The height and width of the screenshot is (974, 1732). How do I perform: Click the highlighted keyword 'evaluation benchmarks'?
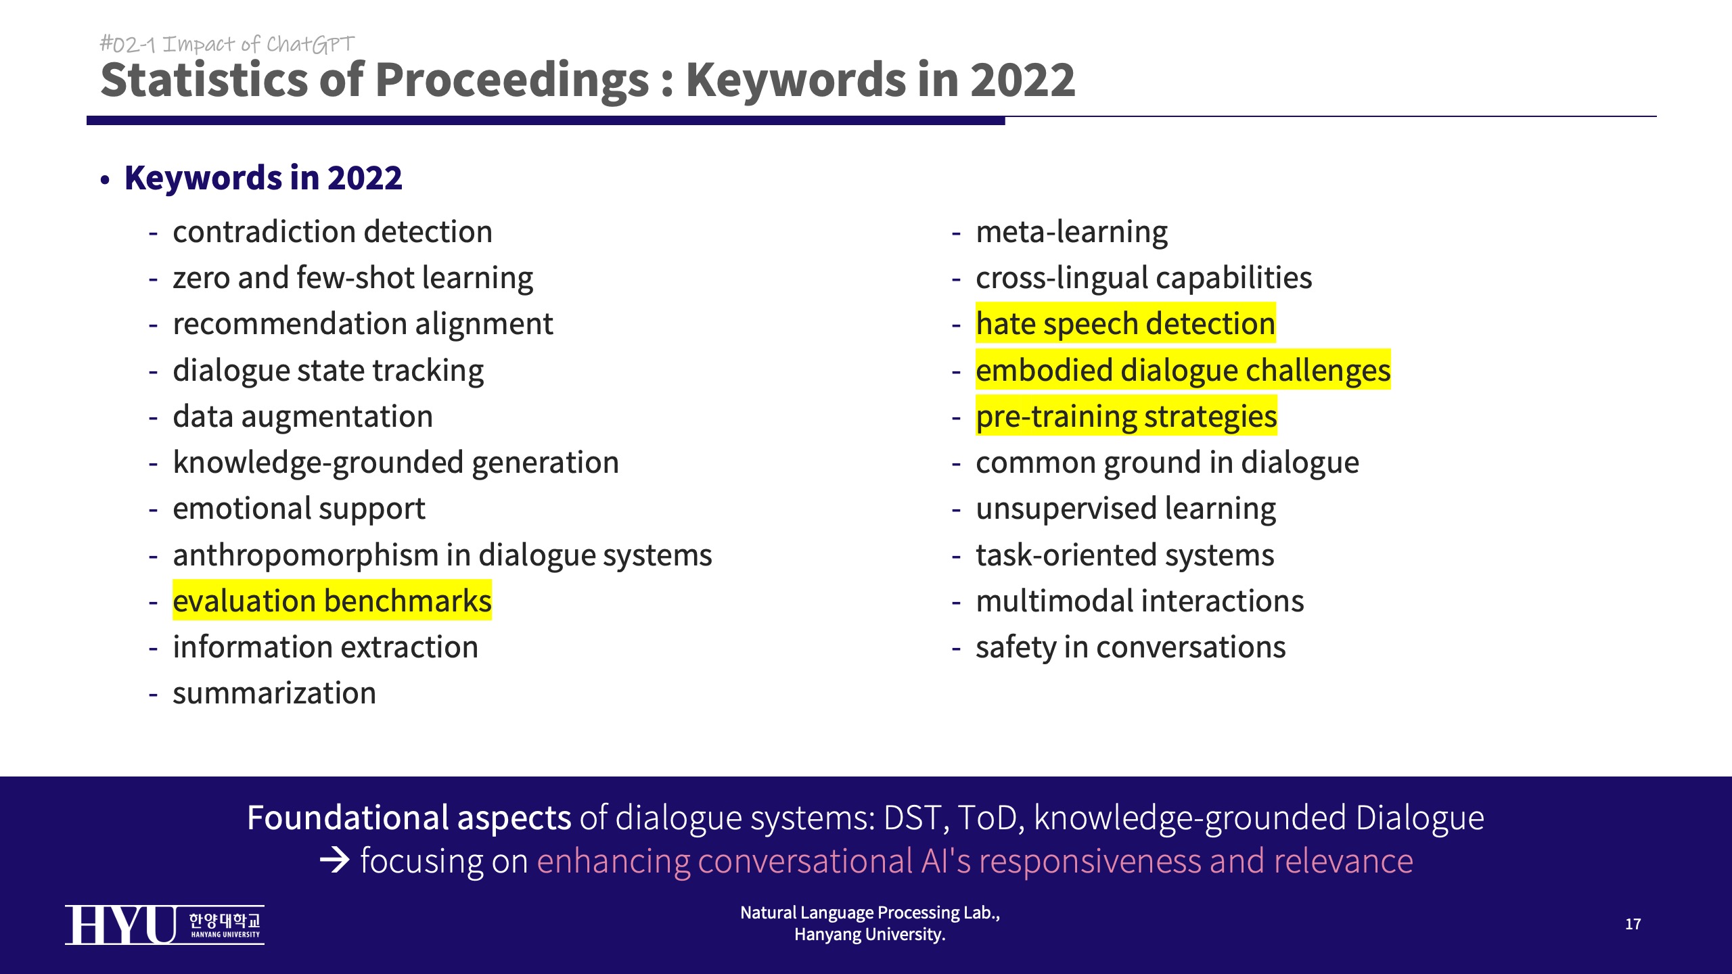tap(332, 601)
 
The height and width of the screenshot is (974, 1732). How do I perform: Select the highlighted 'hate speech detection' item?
tap(1126, 323)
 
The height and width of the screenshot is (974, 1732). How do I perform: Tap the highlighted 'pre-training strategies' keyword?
tap(1126, 416)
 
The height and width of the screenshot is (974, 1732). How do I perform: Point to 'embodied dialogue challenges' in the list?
tap(1183, 370)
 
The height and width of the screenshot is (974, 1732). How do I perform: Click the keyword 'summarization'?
tap(274, 693)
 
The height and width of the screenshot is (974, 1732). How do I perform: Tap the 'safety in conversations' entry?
tap(1131, 647)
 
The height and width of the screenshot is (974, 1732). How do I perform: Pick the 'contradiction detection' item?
tap(332, 232)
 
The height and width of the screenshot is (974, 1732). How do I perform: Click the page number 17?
tap(1633, 924)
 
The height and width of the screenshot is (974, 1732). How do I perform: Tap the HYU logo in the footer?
tap(164, 925)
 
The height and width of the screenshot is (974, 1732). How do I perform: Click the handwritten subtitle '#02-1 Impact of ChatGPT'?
tap(227, 44)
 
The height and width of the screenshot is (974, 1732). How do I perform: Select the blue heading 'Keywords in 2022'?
tap(263, 178)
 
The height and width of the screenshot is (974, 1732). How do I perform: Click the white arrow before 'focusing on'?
tap(334, 860)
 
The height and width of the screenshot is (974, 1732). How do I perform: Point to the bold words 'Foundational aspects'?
tap(409, 818)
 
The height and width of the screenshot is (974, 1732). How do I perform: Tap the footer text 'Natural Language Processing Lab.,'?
tap(870, 912)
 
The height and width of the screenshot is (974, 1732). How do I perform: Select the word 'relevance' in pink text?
tap(1343, 861)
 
